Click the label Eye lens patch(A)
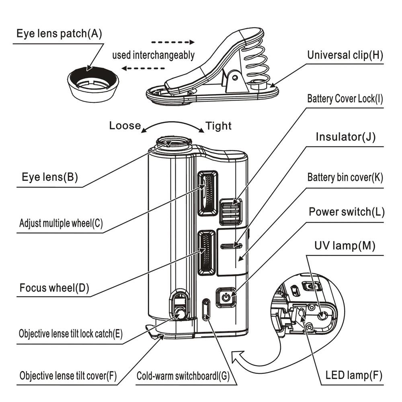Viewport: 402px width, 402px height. tap(59, 33)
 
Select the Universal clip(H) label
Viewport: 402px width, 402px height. tap(345, 55)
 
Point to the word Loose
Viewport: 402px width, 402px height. tap(125, 125)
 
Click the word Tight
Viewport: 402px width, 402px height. tap(219, 126)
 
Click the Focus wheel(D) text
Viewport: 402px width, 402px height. tap(54, 288)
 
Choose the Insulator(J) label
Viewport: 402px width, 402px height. tap(345, 137)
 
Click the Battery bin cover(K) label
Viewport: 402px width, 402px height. tap(345, 177)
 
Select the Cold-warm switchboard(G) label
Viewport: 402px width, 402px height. tap(183, 376)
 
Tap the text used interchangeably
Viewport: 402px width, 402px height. tap(153, 55)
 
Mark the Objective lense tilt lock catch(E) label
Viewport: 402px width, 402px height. tap(71, 334)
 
